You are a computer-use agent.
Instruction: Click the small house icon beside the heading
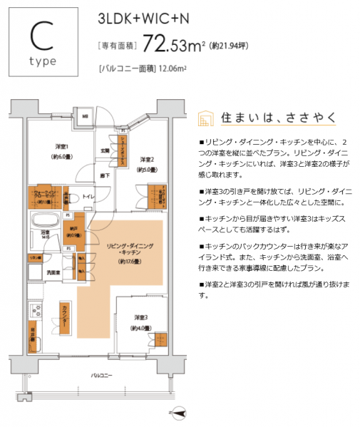(205, 117)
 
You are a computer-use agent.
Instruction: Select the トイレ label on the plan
(89, 195)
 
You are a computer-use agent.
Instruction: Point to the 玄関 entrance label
(104, 150)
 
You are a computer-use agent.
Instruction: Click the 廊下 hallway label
(104, 175)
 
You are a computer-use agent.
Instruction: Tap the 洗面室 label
(52, 272)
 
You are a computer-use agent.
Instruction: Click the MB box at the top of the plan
(84, 116)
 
